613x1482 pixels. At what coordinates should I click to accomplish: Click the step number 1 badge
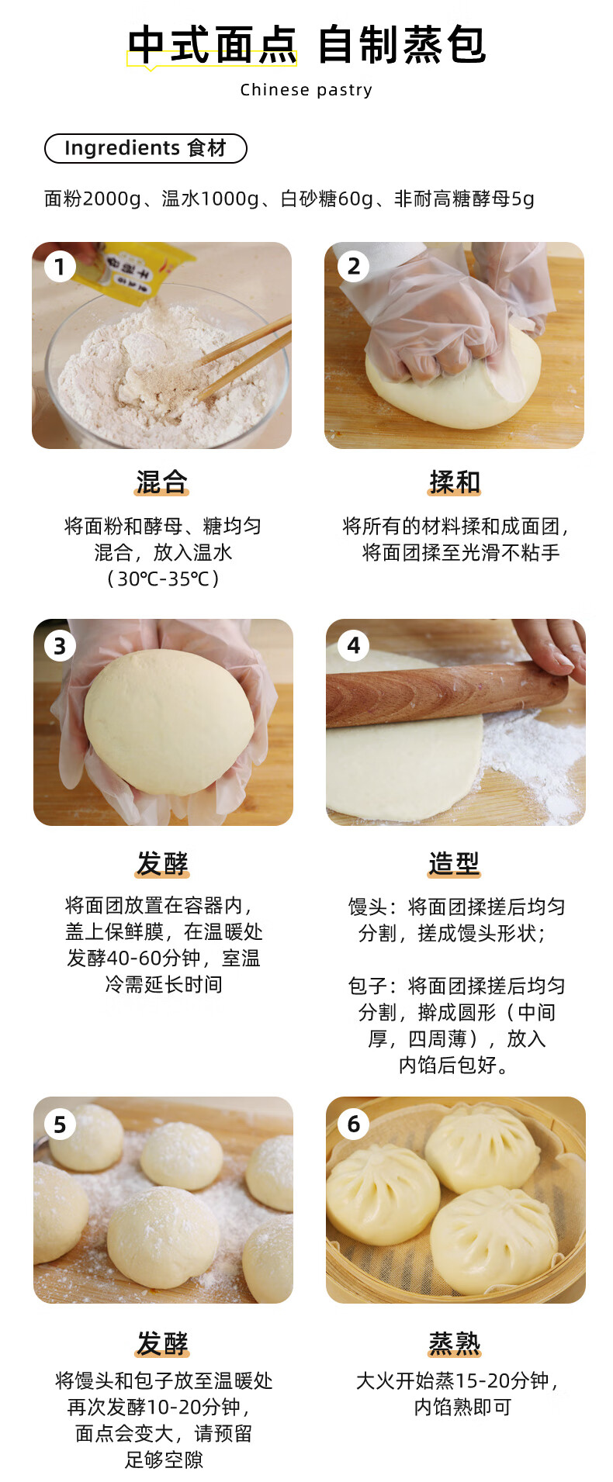pos(60,267)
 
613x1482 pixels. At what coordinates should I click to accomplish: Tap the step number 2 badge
pos(353,267)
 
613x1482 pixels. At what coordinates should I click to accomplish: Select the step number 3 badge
pos(60,645)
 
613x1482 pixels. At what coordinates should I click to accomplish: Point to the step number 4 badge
pos(353,645)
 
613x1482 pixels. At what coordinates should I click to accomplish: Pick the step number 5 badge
pos(60,1124)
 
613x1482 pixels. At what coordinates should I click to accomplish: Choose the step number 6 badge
pos(353,1124)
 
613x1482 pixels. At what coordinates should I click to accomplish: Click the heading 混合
pos(162,482)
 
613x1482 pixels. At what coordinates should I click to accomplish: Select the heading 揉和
pos(455,482)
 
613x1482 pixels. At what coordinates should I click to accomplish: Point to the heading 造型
pos(455,863)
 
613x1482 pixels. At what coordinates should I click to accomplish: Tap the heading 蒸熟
pos(455,1343)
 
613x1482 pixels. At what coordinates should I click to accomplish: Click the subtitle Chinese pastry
pos(306,90)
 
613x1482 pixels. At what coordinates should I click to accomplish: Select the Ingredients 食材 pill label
pos(146,148)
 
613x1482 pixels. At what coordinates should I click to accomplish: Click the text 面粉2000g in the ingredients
pos(92,199)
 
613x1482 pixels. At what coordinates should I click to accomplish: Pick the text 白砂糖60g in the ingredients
pos(327,199)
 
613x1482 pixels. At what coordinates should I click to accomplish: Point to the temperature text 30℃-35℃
pos(163,579)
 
